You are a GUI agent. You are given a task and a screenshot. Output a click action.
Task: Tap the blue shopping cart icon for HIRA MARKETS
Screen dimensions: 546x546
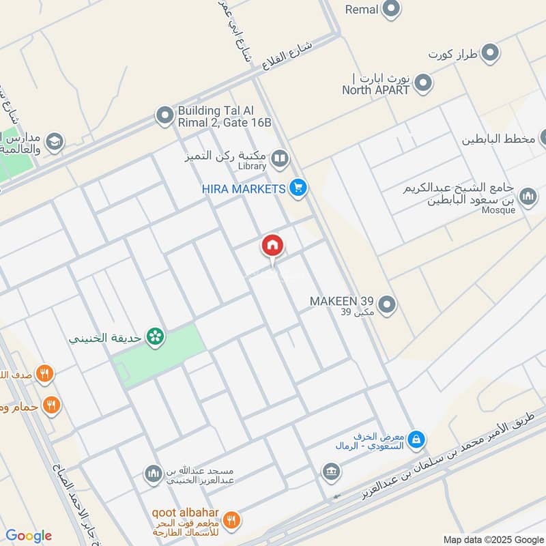297,188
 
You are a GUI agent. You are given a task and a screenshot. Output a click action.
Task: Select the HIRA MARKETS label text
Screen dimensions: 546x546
242,188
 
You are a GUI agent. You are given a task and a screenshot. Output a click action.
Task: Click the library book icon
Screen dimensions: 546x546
279,160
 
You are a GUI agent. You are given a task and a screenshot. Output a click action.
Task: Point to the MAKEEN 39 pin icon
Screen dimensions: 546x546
387,304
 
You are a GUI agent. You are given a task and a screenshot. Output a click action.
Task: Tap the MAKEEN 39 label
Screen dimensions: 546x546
341,301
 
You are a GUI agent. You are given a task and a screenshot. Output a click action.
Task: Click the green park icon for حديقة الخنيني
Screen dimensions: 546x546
155,336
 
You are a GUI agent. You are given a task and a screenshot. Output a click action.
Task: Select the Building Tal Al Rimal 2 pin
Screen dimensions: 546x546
164,115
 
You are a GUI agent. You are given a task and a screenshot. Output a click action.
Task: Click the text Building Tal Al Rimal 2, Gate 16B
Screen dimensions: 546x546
225,116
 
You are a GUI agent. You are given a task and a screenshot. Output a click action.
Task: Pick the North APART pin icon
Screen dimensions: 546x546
424,84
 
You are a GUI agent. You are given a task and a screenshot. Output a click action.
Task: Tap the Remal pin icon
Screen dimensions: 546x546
391,10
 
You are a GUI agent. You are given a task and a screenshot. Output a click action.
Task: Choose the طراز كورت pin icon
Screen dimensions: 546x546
489,52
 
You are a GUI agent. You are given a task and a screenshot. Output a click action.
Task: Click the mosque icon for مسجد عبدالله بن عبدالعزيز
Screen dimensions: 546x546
153,473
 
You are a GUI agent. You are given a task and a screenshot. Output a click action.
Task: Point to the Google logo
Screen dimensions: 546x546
29,536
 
